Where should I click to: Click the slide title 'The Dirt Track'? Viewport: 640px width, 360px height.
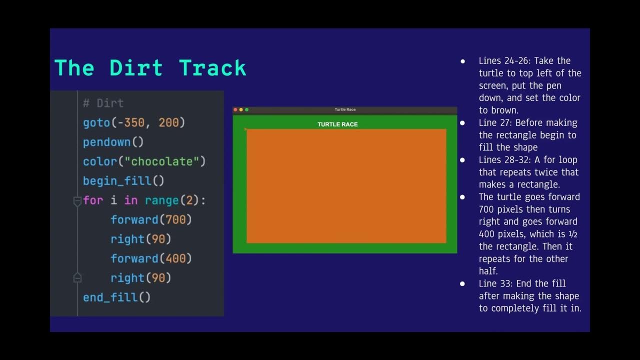pyautogui.click(x=150, y=68)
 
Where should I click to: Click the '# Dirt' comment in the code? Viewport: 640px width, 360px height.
pyautogui.click(x=103, y=103)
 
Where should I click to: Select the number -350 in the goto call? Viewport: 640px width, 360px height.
pyautogui.click(x=135, y=122)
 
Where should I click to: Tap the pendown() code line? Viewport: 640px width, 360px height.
pyautogui.click(x=113, y=142)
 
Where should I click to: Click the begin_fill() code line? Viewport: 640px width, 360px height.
pyautogui.click(x=123, y=181)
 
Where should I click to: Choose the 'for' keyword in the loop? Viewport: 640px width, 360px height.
pyautogui.click(x=93, y=200)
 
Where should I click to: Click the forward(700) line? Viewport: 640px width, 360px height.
pyautogui.click(x=151, y=219)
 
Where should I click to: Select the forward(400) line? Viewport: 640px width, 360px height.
pyautogui.click(x=151, y=258)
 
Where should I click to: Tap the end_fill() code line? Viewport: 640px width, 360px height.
pyautogui.click(x=116, y=297)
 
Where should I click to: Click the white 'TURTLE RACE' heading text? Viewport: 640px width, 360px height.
pyautogui.click(x=337, y=124)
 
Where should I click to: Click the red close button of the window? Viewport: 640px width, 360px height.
pyautogui.click(x=235, y=109)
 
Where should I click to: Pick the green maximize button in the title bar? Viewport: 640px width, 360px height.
pyautogui.click(x=246, y=109)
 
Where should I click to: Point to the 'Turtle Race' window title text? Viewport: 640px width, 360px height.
pyautogui.click(x=345, y=109)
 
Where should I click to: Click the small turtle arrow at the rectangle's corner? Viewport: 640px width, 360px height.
pyautogui.click(x=245, y=129)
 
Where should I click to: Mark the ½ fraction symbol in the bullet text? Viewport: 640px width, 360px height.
pyautogui.click(x=574, y=234)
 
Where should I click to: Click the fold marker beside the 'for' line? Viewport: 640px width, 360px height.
pyautogui.click(x=77, y=201)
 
